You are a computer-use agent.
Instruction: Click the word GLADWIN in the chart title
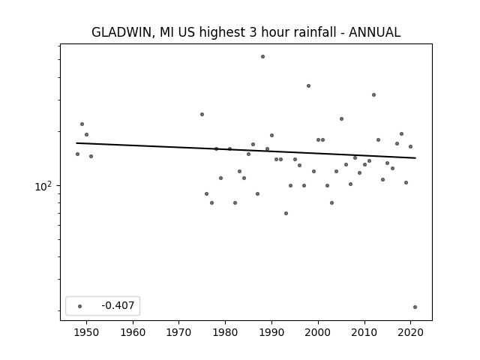point(121,32)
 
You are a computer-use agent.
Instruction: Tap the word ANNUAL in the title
point(374,32)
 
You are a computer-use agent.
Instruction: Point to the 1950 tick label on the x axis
point(86,332)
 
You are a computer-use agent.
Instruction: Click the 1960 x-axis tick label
point(133,332)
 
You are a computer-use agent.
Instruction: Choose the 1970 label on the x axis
point(178,332)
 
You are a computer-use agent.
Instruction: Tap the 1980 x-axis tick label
point(225,332)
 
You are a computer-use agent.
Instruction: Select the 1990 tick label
point(271,332)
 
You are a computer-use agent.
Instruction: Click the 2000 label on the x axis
point(318,332)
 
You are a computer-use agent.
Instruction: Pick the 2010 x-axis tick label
point(364,332)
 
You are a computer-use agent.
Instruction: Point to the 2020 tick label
point(411,332)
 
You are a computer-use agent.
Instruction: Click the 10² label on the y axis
point(43,186)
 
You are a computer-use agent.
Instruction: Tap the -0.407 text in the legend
point(118,305)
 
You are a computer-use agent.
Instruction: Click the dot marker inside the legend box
point(80,306)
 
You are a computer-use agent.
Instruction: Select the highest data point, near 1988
point(262,57)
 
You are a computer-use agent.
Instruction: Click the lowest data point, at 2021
point(415,307)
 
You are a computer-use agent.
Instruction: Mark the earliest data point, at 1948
point(77,154)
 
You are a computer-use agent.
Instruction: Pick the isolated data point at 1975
point(202,115)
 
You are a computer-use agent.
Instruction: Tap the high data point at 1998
point(308,86)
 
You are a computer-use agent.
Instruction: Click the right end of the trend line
point(415,158)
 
